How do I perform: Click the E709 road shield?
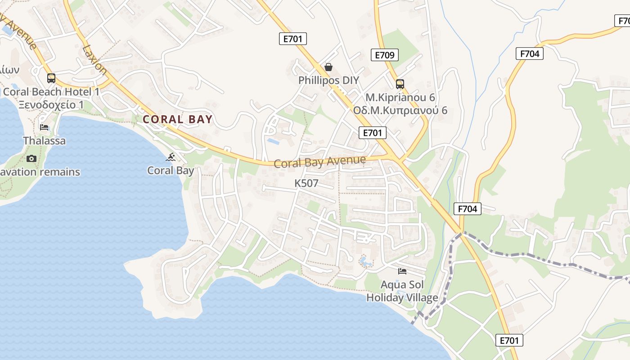(385, 55)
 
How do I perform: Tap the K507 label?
(306, 183)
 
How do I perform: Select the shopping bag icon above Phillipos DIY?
(328, 67)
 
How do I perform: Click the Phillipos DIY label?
(329, 81)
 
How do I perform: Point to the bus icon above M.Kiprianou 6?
(400, 84)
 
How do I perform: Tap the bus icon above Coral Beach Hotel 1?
(51, 78)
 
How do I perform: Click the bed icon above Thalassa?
(44, 127)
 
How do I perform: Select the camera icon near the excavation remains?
(31, 158)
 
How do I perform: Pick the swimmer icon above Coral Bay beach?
(171, 157)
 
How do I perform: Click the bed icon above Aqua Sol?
(402, 271)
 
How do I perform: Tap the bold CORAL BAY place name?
(177, 119)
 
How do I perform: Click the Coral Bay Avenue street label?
(320, 162)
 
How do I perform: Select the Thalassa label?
(44, 141)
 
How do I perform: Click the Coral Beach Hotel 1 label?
(51, 92)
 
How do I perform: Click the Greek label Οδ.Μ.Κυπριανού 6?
(400, 110)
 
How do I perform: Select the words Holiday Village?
(402, 297)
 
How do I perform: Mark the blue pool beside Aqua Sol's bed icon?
(364, 261)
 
